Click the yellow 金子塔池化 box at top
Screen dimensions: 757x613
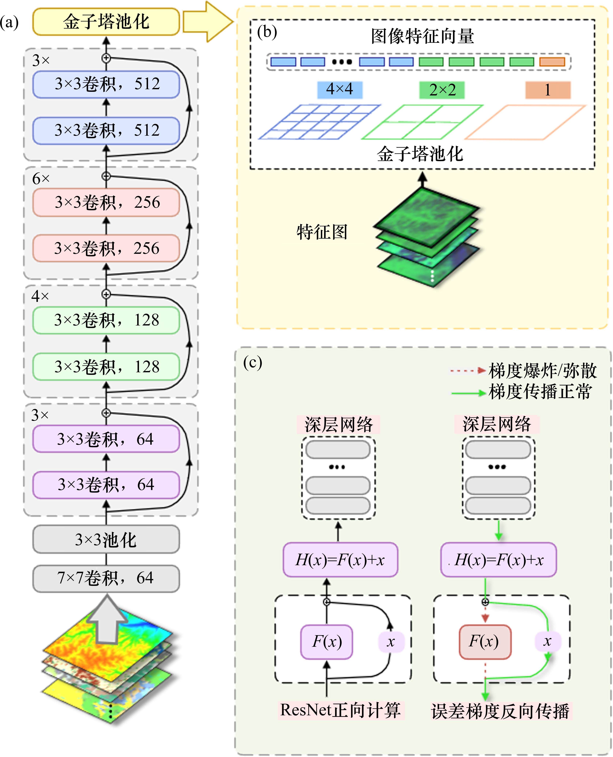[106, 22]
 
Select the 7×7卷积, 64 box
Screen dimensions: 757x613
[106, 578]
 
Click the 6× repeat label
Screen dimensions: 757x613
[41, 179]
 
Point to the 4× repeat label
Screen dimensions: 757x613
[40, 296]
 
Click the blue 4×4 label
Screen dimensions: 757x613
[340, 90]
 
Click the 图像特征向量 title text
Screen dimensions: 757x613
[422, 36]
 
